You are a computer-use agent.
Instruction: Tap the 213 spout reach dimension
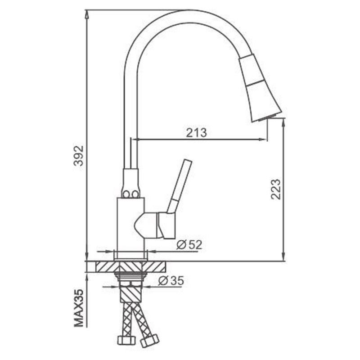(x=196, y=133)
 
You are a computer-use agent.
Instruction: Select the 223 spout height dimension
(x=275, y=189)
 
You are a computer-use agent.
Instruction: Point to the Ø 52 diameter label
(x=189, y=245)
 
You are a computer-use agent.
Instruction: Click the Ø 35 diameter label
(x=171, y=280)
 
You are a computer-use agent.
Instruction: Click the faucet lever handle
(x=180, y=186)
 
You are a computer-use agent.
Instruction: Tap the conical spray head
(x=260, y=88)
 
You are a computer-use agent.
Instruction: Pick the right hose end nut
(x=150, y=341)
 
